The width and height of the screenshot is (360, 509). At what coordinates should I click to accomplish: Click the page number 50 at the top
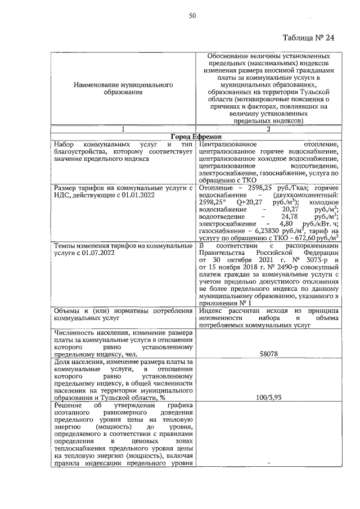point(192,16)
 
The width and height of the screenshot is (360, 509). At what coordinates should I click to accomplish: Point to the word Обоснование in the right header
point(231,57)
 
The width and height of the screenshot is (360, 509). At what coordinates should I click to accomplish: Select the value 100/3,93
point(268,398)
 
